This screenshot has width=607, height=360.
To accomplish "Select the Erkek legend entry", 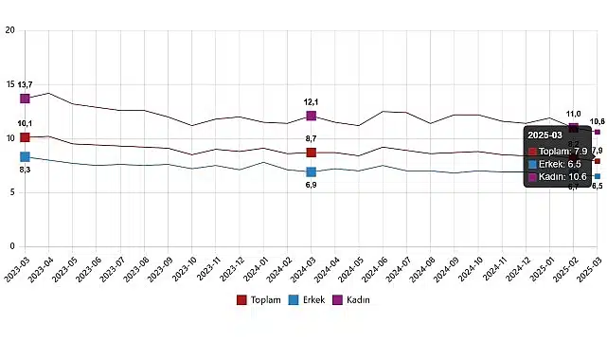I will [x=308, y=299].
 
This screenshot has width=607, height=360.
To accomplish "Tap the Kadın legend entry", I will [x=351, y=299].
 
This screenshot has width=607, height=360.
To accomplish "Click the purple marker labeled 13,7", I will [x=25, y=99].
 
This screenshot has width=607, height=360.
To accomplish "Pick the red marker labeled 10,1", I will [x=25, y=137].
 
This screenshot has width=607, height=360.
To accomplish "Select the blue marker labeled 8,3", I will [x=25, y=157].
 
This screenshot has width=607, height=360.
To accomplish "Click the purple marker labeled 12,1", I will [x=311, y=117].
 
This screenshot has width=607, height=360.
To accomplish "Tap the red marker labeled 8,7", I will [x=311, y=153].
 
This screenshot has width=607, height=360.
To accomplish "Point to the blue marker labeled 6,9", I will [x=311, y=172].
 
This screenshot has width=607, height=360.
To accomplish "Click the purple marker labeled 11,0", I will [x=574, y=128].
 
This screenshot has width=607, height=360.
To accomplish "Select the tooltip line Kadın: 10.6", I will [x=562, y=176].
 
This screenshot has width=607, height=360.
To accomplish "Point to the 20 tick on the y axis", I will [x=9, y=30].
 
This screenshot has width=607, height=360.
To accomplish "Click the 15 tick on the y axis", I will [x=9, y=84].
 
